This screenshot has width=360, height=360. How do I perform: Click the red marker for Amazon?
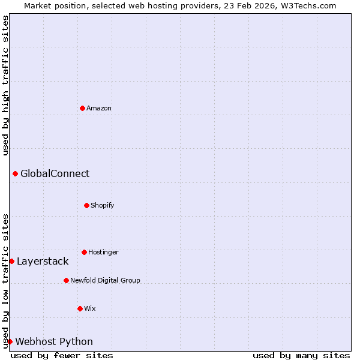coord(82,108)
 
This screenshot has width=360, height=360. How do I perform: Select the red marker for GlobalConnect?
coord(15,173)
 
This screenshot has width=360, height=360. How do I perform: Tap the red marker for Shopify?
coord(86,205)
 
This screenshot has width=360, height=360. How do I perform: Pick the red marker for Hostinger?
coord(84,252)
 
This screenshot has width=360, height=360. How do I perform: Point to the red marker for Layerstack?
coord(11,261)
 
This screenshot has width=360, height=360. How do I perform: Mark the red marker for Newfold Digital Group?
coord(66,280)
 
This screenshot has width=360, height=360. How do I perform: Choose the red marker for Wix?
coord(80,308)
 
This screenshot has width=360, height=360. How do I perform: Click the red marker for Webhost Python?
coord(10,341)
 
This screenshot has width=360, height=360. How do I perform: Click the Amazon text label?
coord(99,109)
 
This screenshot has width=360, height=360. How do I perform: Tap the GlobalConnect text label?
coord(55,174)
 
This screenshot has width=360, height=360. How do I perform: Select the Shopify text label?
coord(103,206)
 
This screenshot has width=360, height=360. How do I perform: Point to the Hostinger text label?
coord(103,253)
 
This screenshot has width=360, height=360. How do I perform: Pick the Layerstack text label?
coord(43,262)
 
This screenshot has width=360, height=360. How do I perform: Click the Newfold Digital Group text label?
coord(105,281)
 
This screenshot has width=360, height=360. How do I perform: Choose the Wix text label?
coord(90,309)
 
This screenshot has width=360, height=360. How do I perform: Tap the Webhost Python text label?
coord(54,342)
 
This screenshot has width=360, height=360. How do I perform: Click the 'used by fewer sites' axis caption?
coord(62,355)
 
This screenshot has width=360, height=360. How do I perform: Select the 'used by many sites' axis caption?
coord(301,355)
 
